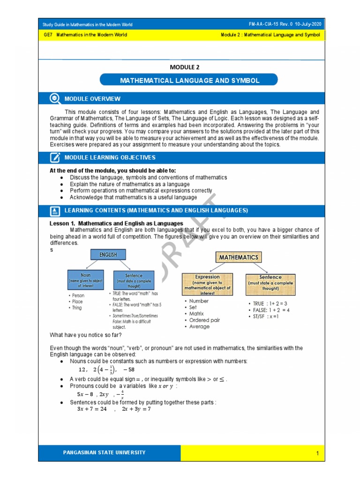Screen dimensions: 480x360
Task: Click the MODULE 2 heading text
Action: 187,67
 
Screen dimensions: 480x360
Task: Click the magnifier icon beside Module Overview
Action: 55,98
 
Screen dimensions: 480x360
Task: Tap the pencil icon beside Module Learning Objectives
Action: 55,157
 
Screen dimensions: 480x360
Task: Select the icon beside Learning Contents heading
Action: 55,210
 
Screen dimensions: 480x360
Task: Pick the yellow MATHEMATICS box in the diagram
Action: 239,257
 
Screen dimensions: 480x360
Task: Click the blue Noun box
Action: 86,278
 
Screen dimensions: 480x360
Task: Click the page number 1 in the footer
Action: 317,453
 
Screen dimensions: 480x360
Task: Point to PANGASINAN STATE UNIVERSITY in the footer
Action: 105,453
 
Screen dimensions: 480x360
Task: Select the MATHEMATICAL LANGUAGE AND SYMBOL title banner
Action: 189,81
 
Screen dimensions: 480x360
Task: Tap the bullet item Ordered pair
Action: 204,320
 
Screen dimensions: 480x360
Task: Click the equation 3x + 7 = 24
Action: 92,409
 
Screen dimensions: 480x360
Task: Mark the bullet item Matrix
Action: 199,314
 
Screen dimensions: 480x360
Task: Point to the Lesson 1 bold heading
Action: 116,224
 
